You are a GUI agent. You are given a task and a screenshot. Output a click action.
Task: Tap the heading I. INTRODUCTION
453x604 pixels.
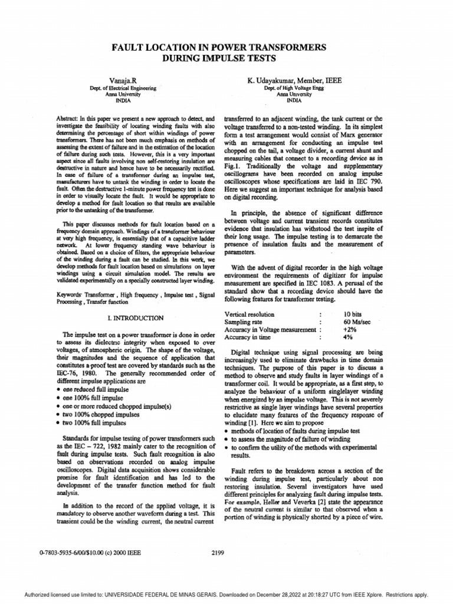click(x=131, y=317)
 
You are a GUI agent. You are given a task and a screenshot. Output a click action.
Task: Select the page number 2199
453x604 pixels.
click(x=218, y=553)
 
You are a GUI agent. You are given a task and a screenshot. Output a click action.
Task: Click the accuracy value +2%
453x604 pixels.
click(x=350, y=330)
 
